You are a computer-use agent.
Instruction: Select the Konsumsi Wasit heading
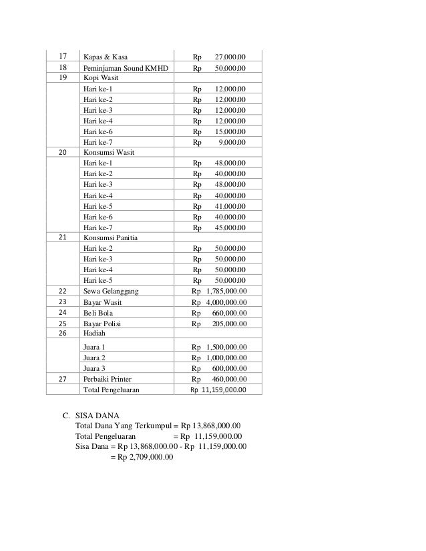(x=108, y=152)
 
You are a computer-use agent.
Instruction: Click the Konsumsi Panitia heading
(x=110, y=237)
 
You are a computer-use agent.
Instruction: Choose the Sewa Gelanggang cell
(x=111, y=292)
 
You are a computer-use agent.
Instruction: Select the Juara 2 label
(x=94, y=358)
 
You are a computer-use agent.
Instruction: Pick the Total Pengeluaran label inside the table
(x=112, y=390)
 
